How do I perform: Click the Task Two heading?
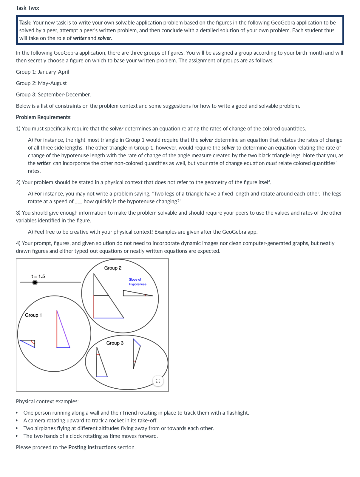point(27,8)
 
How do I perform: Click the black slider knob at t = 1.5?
point(35,282)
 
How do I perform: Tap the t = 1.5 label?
point(38,276)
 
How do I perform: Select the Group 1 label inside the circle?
point(33,315)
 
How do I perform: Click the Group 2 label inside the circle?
point(113,268)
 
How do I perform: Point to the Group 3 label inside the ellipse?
point(115,343)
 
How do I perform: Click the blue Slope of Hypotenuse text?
point(137,282)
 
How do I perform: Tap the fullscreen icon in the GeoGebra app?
point(158,381)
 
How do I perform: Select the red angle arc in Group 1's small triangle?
point(33,342)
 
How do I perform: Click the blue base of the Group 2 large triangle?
point(109,318)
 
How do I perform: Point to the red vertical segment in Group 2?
point(94,307)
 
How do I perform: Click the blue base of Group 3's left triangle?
point(102,377)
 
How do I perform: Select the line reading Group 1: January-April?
point(43,72)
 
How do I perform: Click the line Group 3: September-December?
point(53,95)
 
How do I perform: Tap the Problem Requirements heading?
point(44,117)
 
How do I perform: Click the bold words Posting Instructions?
point(92,447)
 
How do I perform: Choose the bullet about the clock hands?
point(90,436)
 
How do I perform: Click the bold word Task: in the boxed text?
point(26,23)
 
